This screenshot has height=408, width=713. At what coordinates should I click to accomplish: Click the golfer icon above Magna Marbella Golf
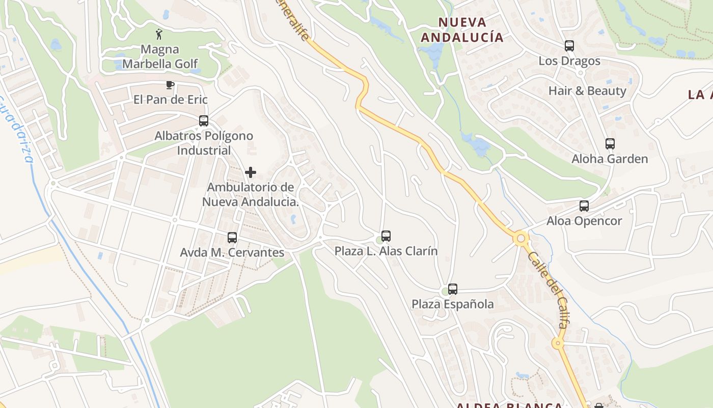pyautogui.click(x=159, y=34)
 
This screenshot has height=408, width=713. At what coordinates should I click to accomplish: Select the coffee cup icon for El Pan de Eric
pyautogui.click(x=170, y=85)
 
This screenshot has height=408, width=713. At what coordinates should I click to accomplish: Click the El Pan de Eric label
pyautogui.click(x=171, y=99)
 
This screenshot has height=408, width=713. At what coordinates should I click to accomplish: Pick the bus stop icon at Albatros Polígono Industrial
pyautogui.click(x=204, y=121)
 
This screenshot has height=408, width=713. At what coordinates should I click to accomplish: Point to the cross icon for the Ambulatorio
pyautogui.click(x=251, y=172)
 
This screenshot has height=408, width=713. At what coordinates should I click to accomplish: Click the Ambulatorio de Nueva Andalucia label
pyautogui.click(x=251, y=194)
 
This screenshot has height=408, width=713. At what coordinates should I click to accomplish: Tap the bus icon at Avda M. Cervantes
pyautogui.click(x=232, y=238)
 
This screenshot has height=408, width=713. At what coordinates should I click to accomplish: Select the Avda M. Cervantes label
pyautogui.click(x=232, y=252)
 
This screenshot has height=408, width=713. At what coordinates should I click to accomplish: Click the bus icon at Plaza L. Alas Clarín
pyautogui.click(x=386, y=236)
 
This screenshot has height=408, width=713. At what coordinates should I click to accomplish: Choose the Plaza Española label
pyautogui.click(x=453, y=304)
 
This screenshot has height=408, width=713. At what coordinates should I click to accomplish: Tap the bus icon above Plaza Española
pyautogui.click(x=453, y=289)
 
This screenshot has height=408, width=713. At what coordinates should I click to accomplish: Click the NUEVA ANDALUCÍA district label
pyautogui.click(x=462, y=30)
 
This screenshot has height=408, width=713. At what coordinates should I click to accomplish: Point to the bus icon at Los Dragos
pyautogui.click(x=569, y=46)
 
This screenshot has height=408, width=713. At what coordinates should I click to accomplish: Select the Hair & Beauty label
pyautogui.click(x=587, y=91)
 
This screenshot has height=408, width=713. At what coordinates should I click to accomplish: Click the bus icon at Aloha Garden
pyautogui.click(x=610, y=144)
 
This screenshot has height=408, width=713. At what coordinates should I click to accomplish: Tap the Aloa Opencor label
pyautogui.click(x=584, y=221)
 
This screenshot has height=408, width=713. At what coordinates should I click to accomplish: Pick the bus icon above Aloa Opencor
pyautogui.click(x=584, y=206)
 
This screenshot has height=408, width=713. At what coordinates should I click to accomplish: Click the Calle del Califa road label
pyautogui.click(x=550, y=289)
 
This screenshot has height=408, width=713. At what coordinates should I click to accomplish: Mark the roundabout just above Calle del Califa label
pyautogui.click(x=520, y=238)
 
